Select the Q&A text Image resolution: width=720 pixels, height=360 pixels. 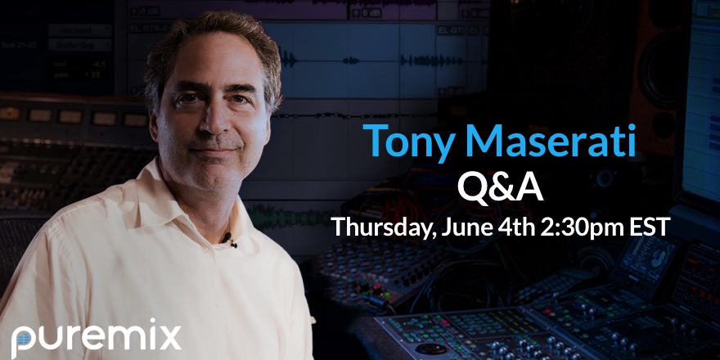pos(500,188)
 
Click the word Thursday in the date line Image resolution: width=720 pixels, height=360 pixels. pos(384,227)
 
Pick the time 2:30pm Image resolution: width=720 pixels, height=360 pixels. pos(583,227)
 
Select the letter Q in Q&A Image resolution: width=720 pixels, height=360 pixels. pos(473,189)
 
